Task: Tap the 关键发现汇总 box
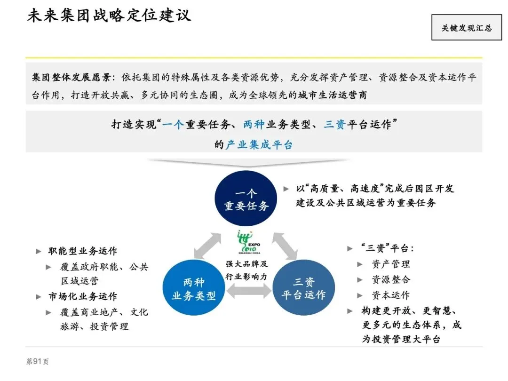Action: (466, 28)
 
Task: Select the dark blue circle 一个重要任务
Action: (246, 200)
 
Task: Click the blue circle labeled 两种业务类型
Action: (193, 289)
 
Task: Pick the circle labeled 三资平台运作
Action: (303, 289)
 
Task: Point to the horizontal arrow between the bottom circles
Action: (248, 292)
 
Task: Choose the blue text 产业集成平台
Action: (259, 144)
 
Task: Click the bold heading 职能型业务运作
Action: (83, 251)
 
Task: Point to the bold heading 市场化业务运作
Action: (83, 296)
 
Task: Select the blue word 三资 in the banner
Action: (334, 125)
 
